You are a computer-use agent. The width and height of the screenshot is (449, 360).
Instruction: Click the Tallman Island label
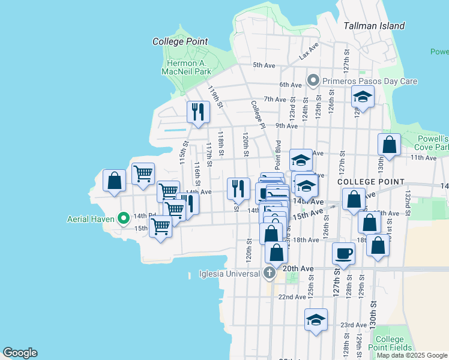374,26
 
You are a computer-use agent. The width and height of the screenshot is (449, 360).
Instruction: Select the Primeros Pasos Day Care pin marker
313,80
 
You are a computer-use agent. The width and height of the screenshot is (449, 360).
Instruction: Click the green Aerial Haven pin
124,218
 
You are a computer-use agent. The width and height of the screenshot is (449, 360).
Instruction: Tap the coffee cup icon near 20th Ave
343,253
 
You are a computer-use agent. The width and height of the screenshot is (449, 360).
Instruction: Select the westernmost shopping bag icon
114,180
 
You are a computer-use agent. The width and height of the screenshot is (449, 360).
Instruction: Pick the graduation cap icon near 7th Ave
363,96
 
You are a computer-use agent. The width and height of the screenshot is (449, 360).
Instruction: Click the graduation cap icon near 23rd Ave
315,319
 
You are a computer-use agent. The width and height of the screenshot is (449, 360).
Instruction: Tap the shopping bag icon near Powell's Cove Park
390,145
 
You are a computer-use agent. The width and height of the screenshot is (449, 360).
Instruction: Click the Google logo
20,352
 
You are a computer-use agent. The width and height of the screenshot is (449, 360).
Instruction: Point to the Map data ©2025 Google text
412,355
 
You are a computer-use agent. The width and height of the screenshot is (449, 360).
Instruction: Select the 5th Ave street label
264,65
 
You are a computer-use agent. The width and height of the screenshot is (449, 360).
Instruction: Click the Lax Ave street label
308,52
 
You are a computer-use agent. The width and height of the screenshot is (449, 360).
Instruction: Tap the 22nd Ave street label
292,297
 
